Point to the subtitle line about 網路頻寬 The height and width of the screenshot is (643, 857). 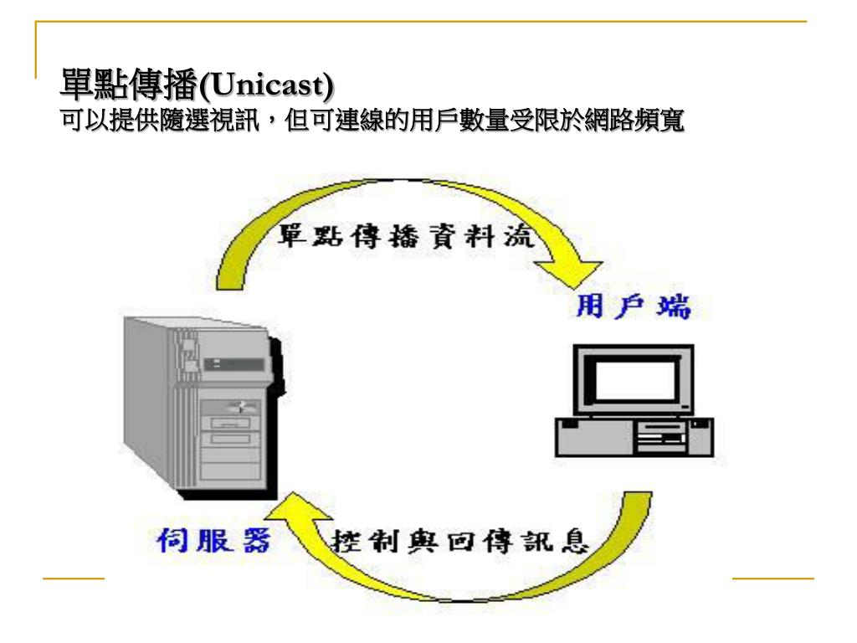372,121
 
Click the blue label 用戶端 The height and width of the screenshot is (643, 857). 634,308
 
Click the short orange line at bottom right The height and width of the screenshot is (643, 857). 772,578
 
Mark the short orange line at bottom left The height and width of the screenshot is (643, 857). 73,578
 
